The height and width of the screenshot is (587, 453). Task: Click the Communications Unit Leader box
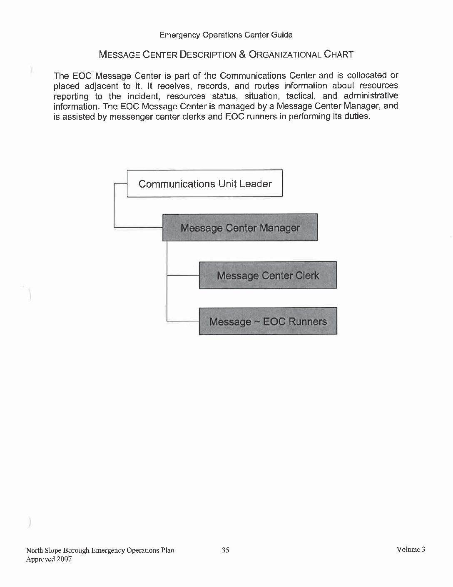[205, 183]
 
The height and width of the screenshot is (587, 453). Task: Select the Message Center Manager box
[240, 228]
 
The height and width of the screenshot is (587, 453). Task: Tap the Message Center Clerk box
[268, 275]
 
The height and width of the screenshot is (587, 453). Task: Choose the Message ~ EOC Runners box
[268, 321]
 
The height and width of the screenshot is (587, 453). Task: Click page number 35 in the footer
[226, 550]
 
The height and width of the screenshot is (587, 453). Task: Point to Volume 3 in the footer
[411, 549]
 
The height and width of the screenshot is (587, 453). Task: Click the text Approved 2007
[49, 559]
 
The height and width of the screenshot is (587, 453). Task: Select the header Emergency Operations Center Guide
[226, 35]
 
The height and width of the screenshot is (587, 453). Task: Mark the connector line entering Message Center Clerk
[183, 275]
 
